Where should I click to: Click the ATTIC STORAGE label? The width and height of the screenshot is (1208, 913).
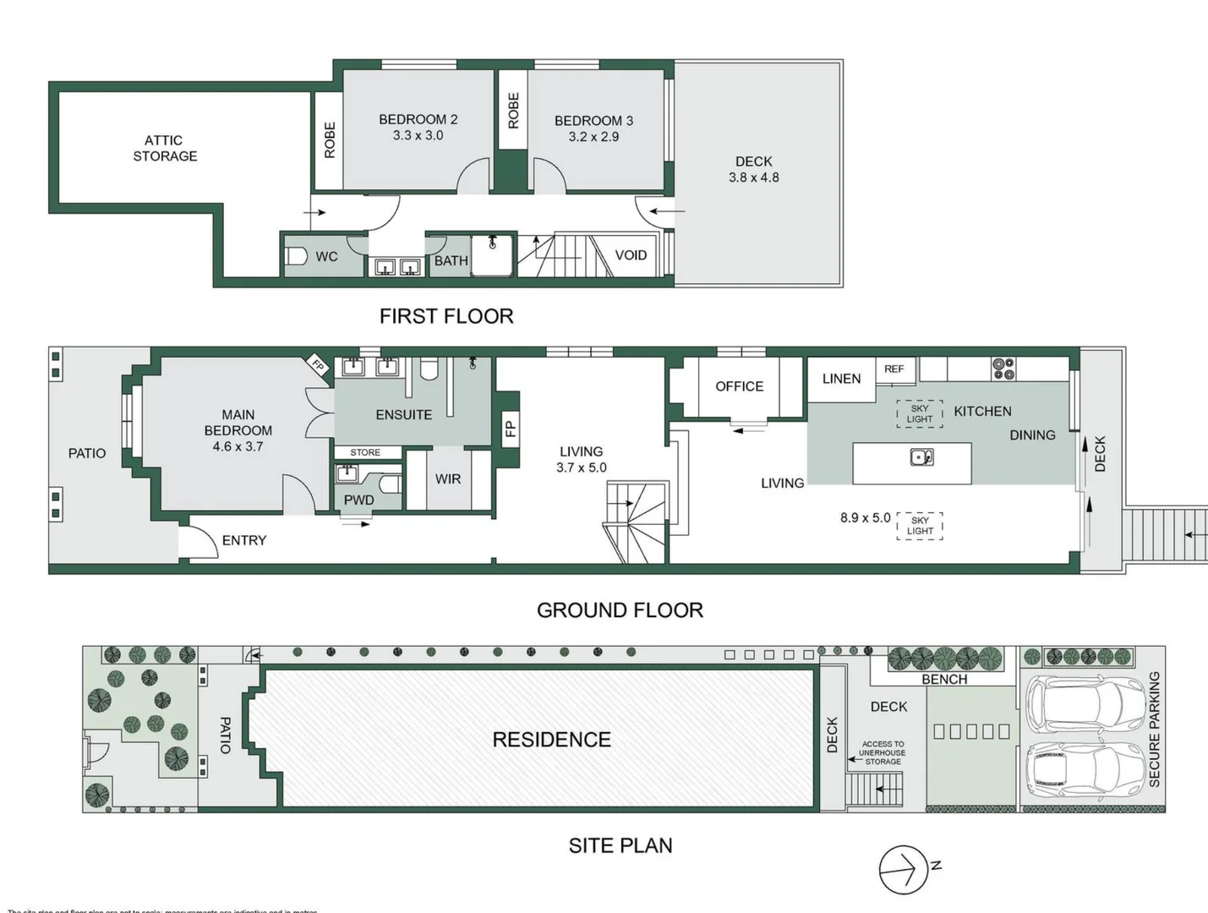(x=164, y=148)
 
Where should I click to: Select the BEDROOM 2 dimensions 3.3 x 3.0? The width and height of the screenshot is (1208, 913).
(x=418, y=135)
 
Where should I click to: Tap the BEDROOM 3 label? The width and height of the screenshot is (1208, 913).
(x=593, y=121)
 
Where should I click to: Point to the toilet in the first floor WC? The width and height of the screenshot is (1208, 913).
(x=296, y=256)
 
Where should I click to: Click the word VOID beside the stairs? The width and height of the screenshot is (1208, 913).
(x=631, y=255)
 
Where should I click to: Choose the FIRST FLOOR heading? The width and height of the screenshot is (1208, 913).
(x=446, y=316)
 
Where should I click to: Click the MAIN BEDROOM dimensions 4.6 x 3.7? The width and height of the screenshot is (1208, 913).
(x=238, y=446)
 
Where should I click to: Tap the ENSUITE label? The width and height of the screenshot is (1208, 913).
(x=403, y=414)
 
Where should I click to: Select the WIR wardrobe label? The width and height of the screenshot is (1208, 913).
(x=448, y=478)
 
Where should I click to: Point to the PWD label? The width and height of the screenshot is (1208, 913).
(x=358, y=500)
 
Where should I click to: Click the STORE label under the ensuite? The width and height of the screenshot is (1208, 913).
(x=365, y=452)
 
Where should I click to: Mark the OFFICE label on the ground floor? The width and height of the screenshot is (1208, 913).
(x=739, y=386)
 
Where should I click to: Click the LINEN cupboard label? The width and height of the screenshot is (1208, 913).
(x=841, y=379)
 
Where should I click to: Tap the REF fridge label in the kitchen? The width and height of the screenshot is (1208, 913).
(x=894, y=369)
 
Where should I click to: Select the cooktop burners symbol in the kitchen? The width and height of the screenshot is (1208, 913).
(x=1003, y=369)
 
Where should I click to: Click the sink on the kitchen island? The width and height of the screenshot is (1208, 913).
(x=921, y=457)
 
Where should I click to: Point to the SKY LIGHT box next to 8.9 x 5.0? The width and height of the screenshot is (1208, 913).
(x=920, y=526)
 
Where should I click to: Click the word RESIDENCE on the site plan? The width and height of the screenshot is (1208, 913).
(x=551, y=740)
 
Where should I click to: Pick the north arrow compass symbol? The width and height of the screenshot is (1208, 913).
(x=904, y=869)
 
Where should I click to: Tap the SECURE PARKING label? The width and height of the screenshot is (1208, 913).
(x=1155, y=729)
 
